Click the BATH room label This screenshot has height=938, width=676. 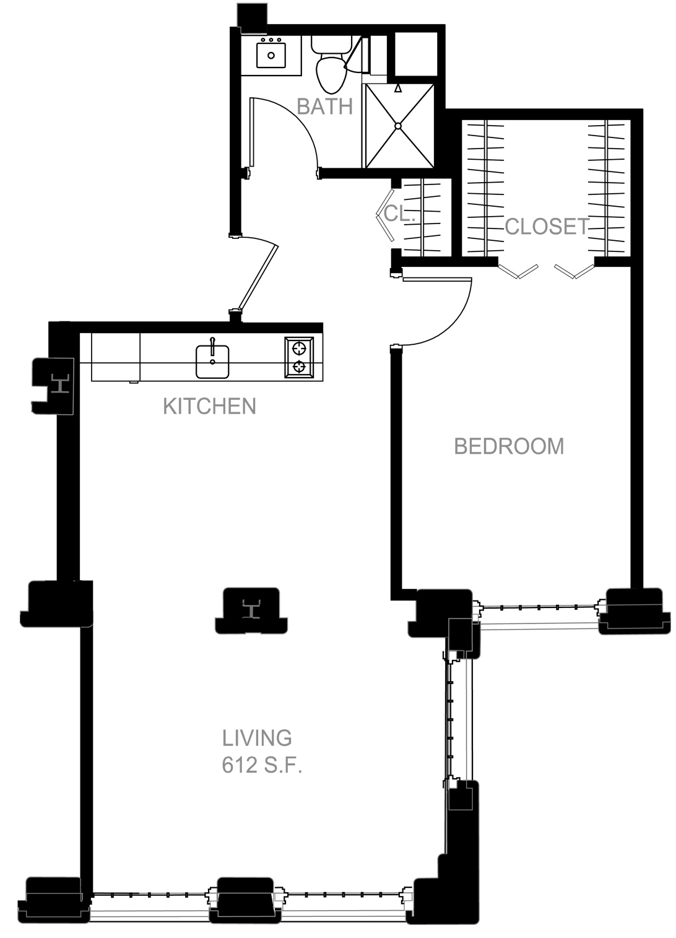[325, 106]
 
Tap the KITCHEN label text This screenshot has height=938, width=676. [209, 407]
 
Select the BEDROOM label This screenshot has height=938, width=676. [509, 446]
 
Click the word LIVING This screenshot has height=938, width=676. [257, 738]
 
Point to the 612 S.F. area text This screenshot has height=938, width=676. [262, 765]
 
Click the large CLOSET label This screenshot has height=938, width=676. [547, 227]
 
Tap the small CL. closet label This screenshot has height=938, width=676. [399, 214]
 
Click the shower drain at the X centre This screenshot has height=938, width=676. [398, 126]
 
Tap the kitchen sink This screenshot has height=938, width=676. [212, 361]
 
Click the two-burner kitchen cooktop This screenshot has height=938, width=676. [299, 357]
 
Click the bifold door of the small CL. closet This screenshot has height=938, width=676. [385, 215]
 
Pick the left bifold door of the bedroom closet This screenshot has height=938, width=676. [518, 271]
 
